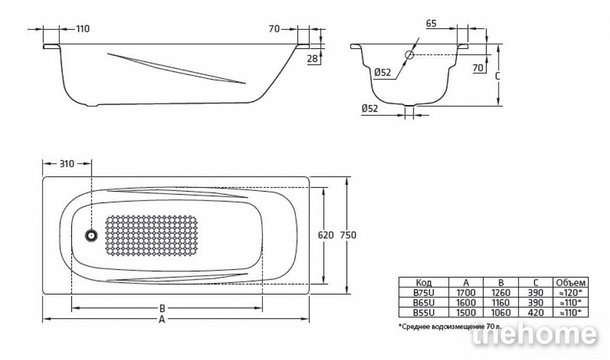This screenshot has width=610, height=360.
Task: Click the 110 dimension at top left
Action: [x=82, y=29]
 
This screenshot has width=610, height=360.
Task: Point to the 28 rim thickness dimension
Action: [x=312, y=59]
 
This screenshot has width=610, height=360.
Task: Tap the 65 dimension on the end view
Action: [x=431, y=23]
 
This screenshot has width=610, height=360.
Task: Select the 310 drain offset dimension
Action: [x=67, y=164]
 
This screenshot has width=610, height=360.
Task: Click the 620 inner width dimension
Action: [x=326, y=235]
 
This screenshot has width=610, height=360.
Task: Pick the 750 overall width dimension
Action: [x=348, y=235]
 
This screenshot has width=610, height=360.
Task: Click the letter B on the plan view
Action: [x=163, y=309]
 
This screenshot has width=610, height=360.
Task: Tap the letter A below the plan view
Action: [x=162, y=320]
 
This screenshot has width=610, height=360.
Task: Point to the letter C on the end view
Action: [x=497, y=77]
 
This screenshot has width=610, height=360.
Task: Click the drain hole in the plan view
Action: [x=91, y=235]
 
